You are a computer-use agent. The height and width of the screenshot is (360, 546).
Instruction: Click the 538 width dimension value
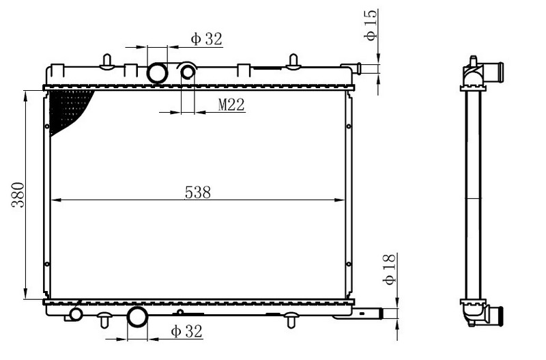point(197,193)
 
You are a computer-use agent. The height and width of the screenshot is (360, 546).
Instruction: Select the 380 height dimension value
point(18,195)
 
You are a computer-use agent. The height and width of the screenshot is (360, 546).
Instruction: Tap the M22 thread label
point(231,105)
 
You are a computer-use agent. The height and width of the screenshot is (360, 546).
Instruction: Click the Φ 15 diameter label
point(371,25)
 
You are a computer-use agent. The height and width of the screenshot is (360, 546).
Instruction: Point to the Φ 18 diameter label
point(389,269)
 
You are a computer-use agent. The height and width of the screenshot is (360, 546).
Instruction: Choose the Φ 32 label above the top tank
point(206,39)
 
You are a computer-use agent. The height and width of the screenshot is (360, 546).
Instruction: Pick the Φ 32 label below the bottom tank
point(186,331)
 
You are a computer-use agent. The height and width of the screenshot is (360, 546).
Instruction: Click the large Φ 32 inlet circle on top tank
point(158,73)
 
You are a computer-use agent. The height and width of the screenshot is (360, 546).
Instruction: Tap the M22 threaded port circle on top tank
point(188,72)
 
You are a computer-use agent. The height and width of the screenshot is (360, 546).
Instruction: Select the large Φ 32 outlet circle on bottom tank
point(137,317)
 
